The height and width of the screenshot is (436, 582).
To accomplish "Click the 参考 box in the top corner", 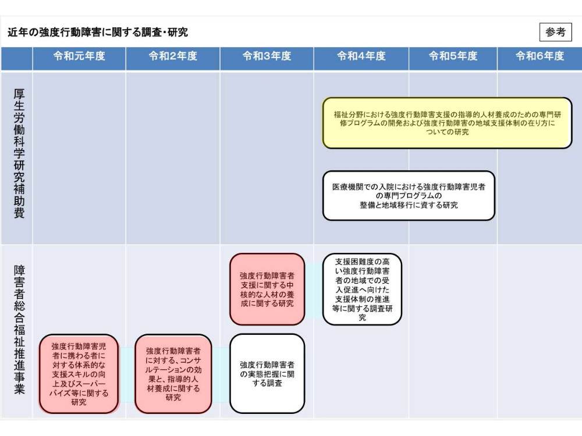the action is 555,32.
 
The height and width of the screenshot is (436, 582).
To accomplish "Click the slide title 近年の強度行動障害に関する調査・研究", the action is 98,32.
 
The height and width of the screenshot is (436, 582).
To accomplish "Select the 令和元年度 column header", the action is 79,56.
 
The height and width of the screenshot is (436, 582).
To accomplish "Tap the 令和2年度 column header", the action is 173,56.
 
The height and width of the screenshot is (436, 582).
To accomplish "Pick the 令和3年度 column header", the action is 267,56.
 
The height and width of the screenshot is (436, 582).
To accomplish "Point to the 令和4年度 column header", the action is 361,56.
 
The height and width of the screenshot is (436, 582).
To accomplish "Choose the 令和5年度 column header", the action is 453,56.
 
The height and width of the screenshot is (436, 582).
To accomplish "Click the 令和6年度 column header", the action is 540,56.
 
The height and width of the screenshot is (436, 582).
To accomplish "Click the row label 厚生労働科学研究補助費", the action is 19,153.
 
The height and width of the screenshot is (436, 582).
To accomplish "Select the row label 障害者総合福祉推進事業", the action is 19,330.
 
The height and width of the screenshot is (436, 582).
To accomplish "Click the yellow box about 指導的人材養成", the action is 447,123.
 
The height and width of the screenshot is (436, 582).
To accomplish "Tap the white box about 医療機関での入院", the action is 409,195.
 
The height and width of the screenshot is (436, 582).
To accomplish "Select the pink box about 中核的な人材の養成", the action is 267,289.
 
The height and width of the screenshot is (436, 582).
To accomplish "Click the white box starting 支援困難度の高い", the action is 362,289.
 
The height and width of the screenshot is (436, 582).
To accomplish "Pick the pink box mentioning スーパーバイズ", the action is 79,374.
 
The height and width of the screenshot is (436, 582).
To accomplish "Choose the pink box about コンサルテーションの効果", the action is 173,374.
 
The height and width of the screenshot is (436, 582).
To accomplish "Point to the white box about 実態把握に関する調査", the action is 267,374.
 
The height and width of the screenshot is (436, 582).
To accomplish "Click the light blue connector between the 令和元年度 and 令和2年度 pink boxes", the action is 127,374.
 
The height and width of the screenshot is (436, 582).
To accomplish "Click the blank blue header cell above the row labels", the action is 16,59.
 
